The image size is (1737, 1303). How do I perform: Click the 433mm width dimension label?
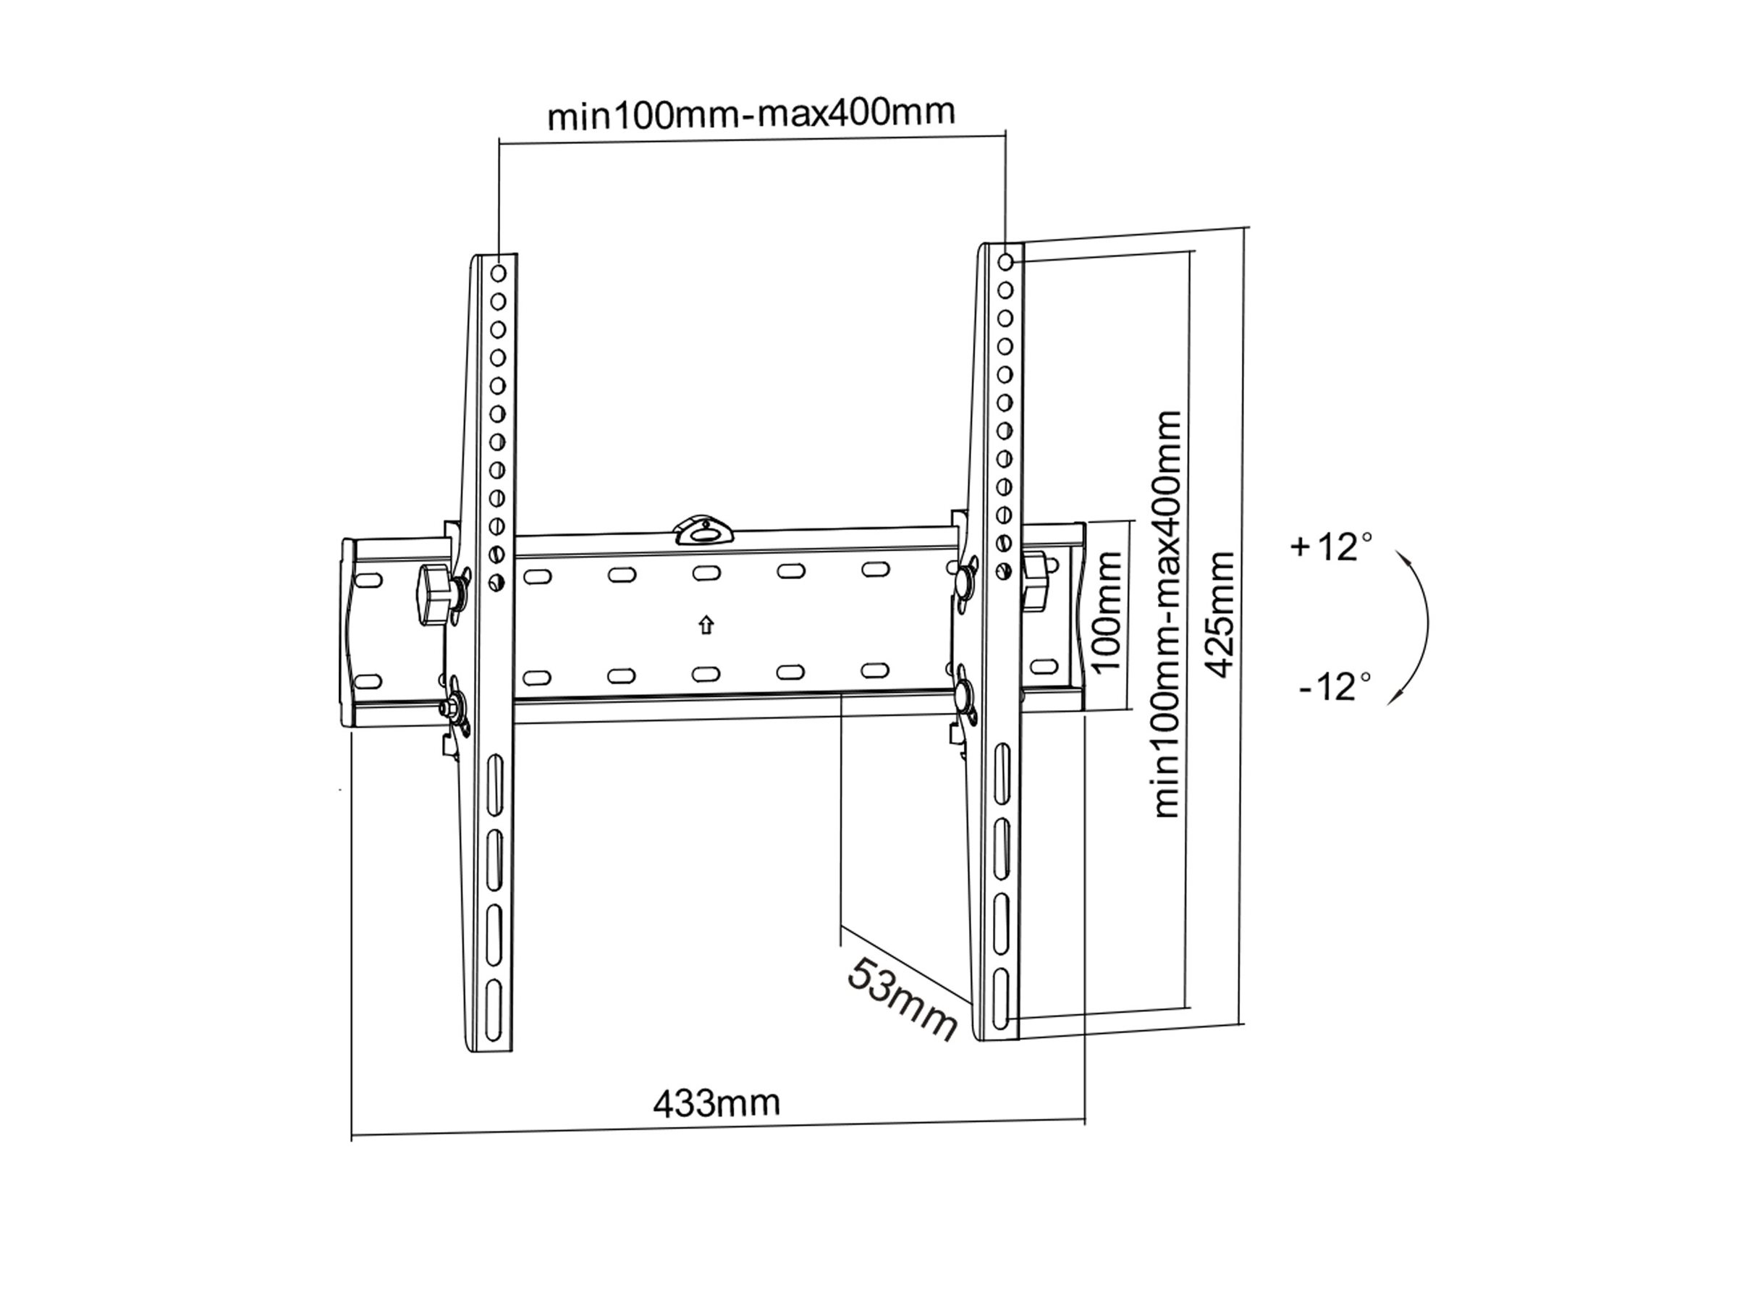[717, 1103]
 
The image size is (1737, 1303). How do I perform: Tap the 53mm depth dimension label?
[903, 998]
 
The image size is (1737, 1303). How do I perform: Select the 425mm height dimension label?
[1220, 613]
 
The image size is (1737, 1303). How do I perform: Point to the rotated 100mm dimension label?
[1107, 612]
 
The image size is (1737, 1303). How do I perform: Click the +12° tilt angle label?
[1332, 547]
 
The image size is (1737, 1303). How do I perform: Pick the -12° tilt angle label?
[1335, 686]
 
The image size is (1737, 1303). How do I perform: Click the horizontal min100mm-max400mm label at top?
[751, 114]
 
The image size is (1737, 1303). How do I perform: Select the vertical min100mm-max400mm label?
[1167, 613]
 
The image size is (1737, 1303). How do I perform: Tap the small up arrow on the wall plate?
[706, 625]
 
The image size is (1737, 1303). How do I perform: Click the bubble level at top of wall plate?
[704, 530]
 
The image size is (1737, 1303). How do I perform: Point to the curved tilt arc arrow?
[1417, 626]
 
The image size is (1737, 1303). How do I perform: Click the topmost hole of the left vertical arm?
[498, 274]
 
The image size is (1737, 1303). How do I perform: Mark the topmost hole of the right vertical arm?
[1006, 261]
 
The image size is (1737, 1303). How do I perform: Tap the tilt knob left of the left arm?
[434, 596]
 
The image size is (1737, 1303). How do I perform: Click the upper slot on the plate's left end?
[369, 581]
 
